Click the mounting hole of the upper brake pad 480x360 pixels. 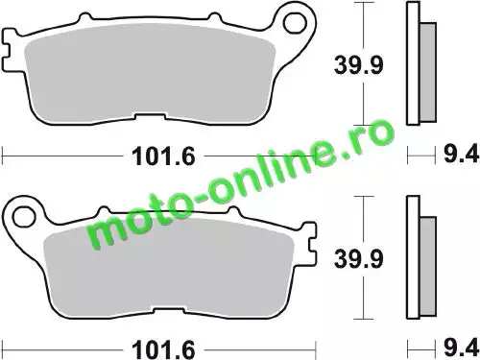pos(295,24)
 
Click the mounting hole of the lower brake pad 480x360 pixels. pos(23,218)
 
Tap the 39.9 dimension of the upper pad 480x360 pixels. pos(358,65)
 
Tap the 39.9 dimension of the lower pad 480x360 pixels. pos(358,258)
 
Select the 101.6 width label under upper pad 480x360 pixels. pos(163,156)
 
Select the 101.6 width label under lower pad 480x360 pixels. pos(163,349)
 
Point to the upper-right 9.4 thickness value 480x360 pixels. pos(461,154)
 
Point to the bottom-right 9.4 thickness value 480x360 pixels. pos(461,348)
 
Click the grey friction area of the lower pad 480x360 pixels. pos(169,268)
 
